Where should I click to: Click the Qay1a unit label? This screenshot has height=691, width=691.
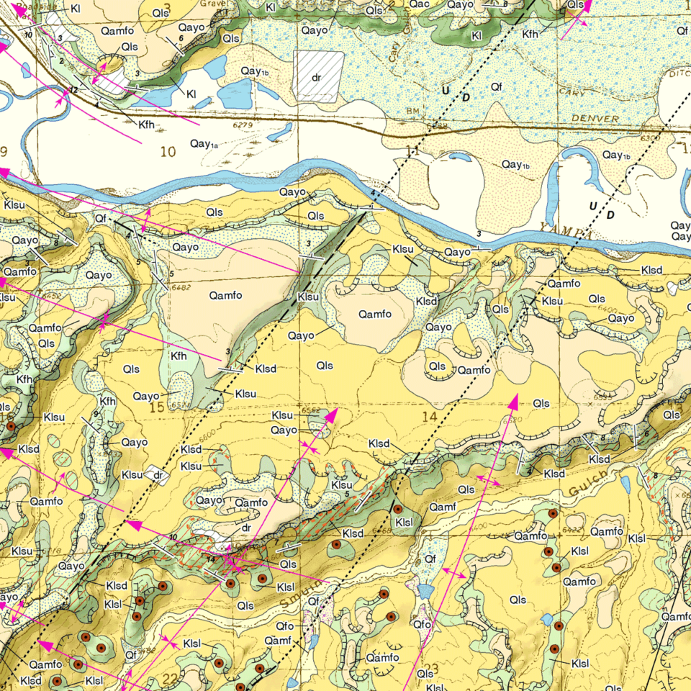(204, 145)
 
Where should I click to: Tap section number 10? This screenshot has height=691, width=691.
(168, 151)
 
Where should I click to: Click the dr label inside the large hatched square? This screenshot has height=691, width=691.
(316, 77)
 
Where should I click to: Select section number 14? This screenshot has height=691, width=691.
(430, 416)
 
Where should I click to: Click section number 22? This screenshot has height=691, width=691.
(171, 678)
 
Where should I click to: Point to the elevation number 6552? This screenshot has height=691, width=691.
(311, 409)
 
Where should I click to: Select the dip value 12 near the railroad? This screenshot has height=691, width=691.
(73, 89)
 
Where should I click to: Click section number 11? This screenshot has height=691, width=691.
(412, 152)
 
